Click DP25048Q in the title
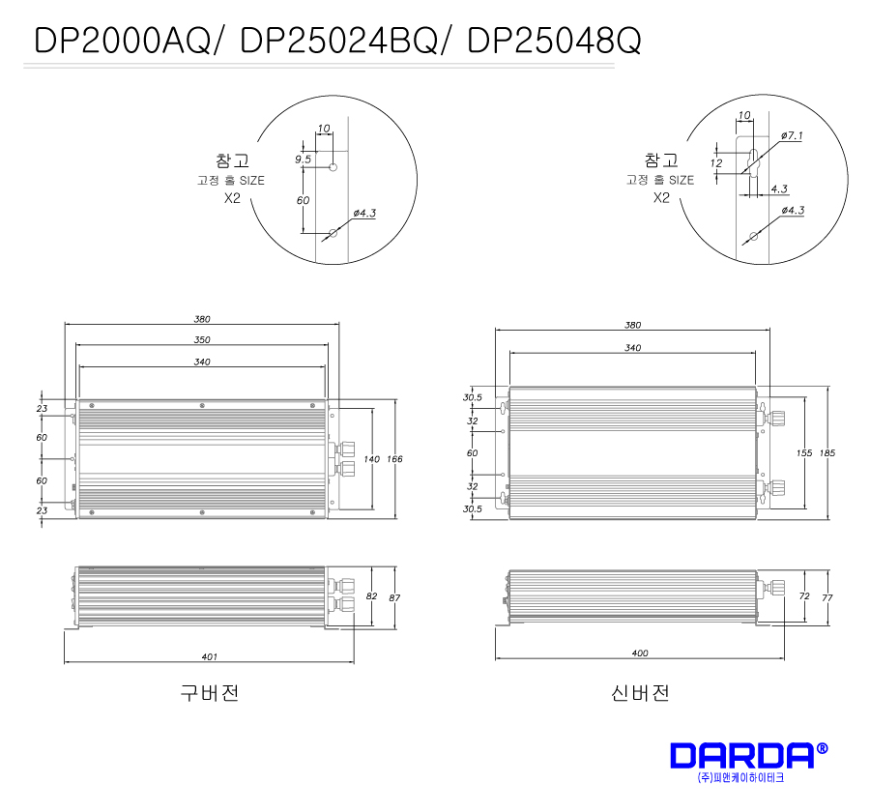[554, 41]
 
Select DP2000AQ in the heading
[122, 41]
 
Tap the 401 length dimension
[209, 656]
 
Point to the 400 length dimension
[640, 653]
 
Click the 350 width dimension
[202, 339]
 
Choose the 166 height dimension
[394, 459]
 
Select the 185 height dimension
[827, 453]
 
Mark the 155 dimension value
[804, 453]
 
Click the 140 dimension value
[372, 459]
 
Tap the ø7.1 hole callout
[792, 135]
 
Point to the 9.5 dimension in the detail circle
[303, 159]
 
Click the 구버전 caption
[210, 693]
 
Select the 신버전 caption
[640, 693]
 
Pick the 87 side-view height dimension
[394, 597]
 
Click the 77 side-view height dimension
[827, 597]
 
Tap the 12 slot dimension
[716, 163]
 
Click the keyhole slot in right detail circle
[753, 162]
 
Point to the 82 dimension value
[372, 596]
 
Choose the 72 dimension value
[804, 596]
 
